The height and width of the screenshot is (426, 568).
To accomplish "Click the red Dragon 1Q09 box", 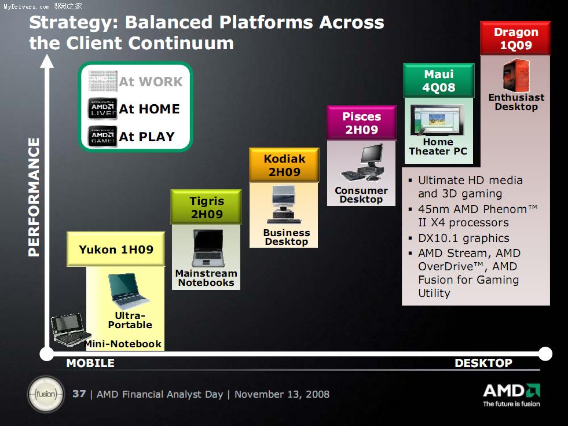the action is pyautogui.click(x=515, y=38).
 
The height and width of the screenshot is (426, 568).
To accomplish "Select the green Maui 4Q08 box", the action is pyautogui.click(x=439, y=80).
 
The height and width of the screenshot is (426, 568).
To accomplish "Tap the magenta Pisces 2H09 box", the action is pyautogui.click(x=361, y=123).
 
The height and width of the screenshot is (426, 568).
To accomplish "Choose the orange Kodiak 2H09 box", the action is pyautogui.click(x=284, y=165).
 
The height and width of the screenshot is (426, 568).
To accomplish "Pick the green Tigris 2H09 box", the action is pyautogui.click(x=206, y=207).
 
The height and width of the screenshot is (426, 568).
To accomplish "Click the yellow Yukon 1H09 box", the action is pyautogui.click(x=116, y=249).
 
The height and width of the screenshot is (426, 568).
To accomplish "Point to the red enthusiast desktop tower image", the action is pyautogui.click(x=516, y=75).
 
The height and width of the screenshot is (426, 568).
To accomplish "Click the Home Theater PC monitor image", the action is pyautogui.click(x=437, y=120).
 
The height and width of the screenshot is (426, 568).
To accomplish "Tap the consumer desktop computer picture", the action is pyautogui.click(x=362, y=163).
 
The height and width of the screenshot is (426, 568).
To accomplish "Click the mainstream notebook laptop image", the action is pyautogui.click(x=208, y=248).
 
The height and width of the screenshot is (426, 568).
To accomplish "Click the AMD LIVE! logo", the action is pyautogui.click(x=102, y=109).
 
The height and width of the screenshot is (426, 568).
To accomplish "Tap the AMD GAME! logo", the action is pyautogui.click(x=102, y=136).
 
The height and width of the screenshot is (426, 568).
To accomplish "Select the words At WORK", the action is pyautogui.click(x=151, y=82).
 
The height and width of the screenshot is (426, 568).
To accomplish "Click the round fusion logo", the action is pyautogui.click(x=46, y=394).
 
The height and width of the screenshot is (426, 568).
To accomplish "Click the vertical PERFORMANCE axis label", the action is pyautogui.click(x=34, y=197).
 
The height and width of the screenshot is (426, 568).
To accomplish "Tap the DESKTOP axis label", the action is pyautogui.click(x=483, y=363).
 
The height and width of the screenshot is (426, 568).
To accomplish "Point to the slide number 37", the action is pyautogui.click(x=79, y=394).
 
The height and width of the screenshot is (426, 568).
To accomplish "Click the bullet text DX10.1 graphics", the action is pyautogui.click(x=464, y=238).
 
